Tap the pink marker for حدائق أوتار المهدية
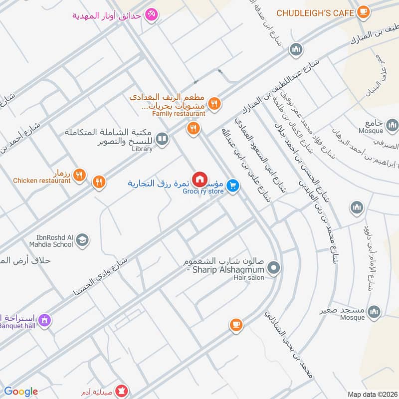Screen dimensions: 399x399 152,15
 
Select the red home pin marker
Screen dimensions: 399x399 199,179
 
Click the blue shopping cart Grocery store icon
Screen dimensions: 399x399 232,186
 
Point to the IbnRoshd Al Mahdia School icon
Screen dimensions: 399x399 83,240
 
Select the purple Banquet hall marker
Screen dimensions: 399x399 45,320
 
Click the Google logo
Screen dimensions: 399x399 21,392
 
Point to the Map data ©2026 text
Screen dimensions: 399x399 371,394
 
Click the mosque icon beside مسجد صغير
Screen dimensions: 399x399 374,313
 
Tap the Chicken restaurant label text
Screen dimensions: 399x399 42,181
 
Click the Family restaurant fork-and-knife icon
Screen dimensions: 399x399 214,103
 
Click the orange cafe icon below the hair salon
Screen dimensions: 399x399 236,325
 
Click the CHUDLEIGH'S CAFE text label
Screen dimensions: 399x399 315,12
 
